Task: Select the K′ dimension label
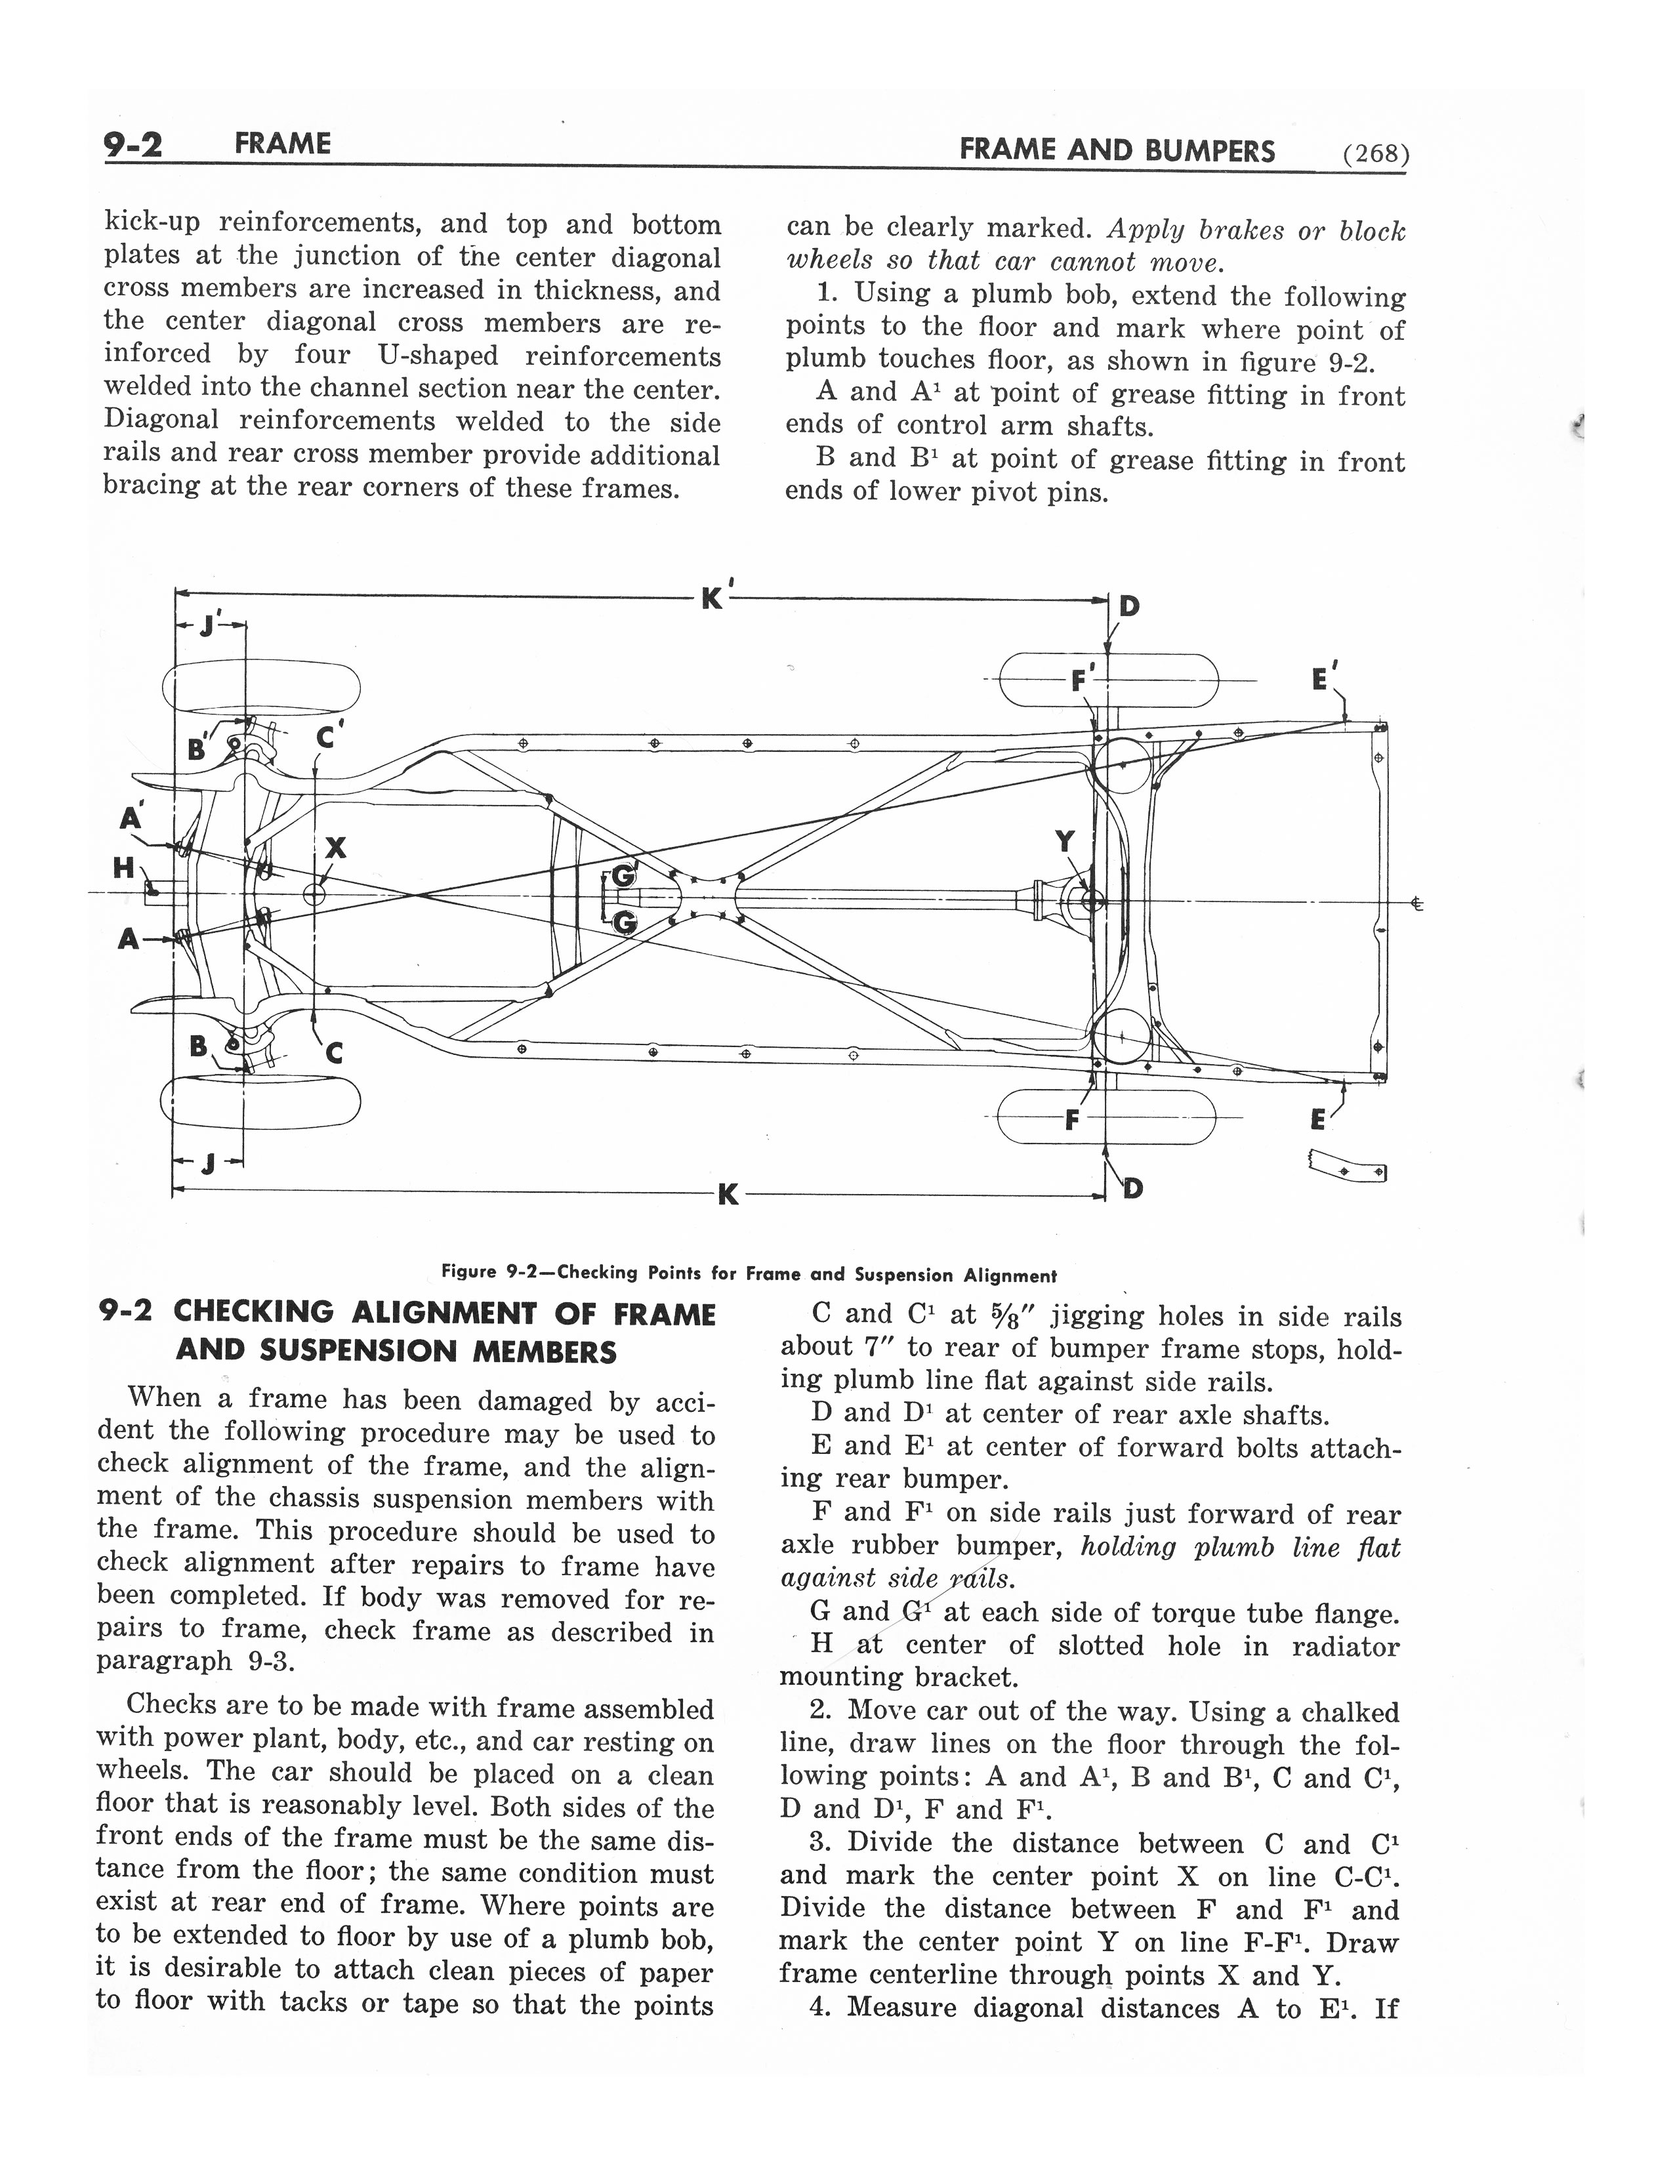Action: click(714, 597)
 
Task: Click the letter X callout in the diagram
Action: click(336, 848)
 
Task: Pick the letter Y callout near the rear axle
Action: click(1064, 842)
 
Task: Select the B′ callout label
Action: click(198, 749)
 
